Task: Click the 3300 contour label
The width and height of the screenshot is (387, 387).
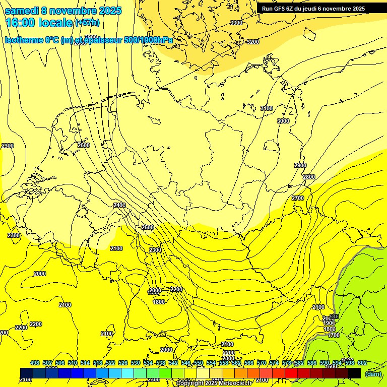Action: click(x=236, y=23)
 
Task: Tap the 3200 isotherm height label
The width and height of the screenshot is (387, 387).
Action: click(x=253, y=42)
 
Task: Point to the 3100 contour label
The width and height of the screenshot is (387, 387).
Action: click(x=267, y=108)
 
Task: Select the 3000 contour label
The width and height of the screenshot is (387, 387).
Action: click(x=283, y=121)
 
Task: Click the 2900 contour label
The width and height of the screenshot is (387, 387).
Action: click(x=300, y=165)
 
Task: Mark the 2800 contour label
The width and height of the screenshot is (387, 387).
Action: click(x=309, y=177)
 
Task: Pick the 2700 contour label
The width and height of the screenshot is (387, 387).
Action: click(x=298, y=198)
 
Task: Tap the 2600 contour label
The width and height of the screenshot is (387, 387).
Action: click(x=84, y=145)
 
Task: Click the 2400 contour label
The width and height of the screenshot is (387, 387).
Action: click(x=119, y=205)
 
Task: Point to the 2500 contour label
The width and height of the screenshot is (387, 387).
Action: click(x=148, y=227)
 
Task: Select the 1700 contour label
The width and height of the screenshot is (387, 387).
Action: click(x=333, y=335)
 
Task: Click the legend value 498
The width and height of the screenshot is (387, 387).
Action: click(x=35, y=363)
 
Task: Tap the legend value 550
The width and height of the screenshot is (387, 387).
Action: click(x=199, y=363)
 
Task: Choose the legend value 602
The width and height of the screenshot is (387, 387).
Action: click(x=362, y=363)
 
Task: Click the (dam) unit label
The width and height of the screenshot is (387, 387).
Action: click(x=373, y=373)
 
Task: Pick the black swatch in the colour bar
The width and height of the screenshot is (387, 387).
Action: click(x=354, y=373)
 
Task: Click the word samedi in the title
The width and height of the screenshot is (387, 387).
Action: click(x=23, y=11)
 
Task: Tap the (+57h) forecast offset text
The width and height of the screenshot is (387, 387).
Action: click(x=87, y=23)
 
